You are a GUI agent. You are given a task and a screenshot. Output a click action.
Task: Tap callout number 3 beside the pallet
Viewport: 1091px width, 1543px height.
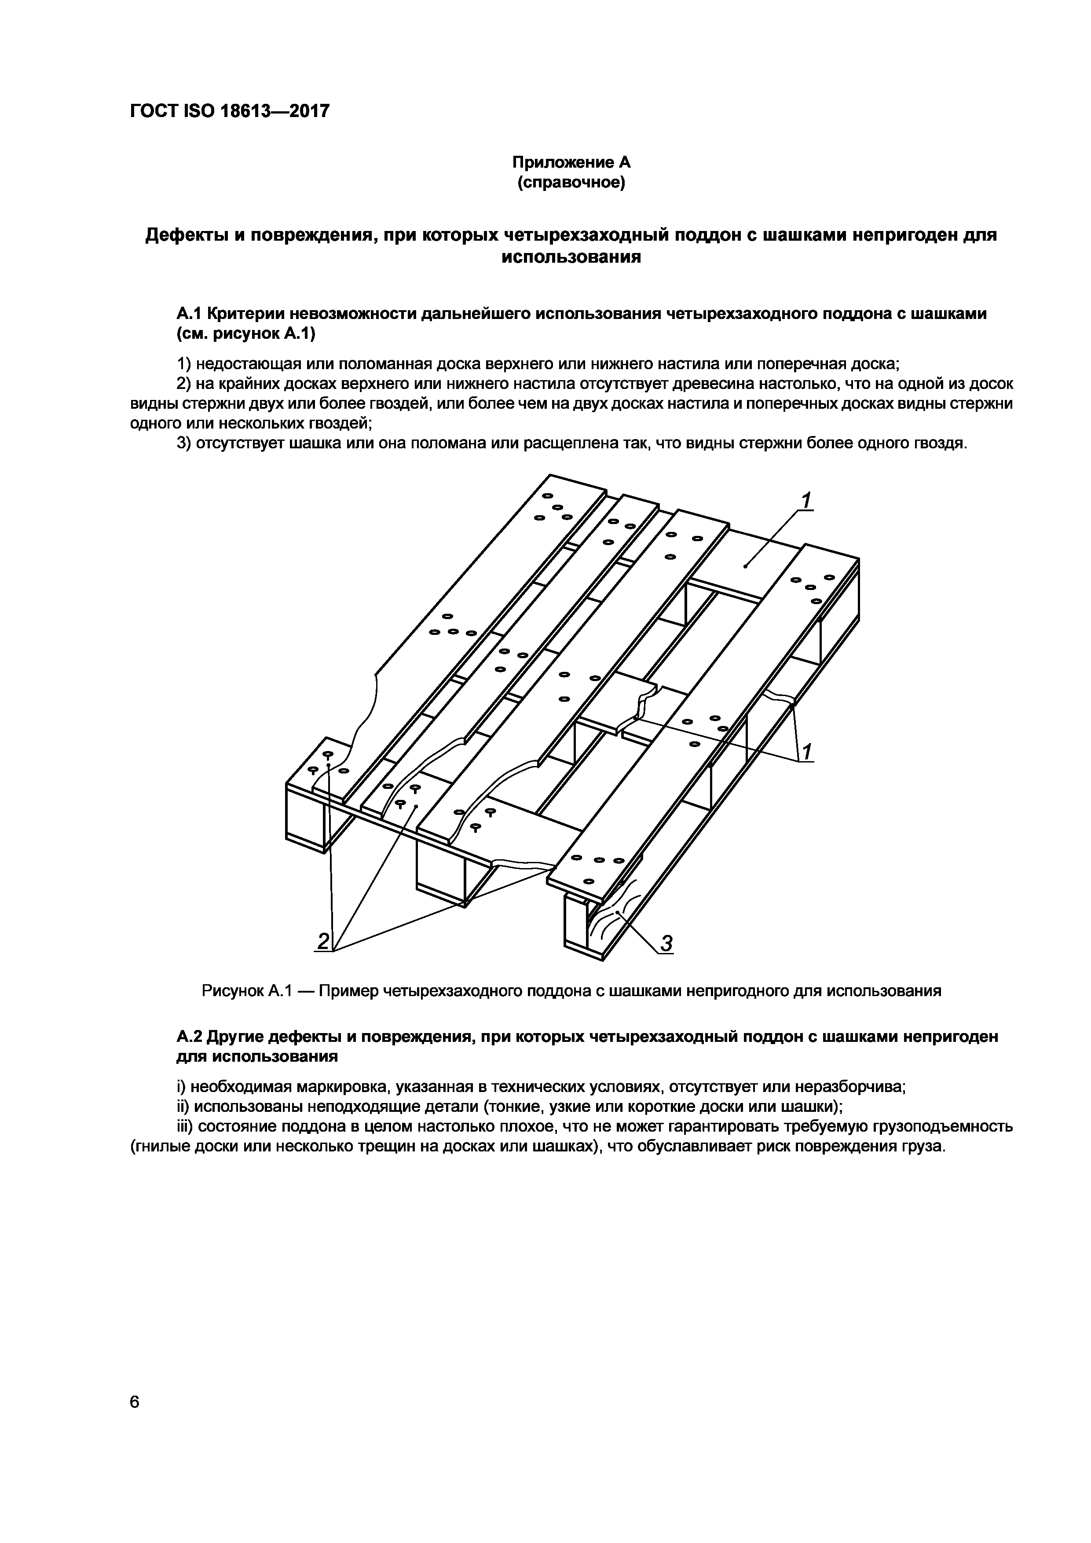666,944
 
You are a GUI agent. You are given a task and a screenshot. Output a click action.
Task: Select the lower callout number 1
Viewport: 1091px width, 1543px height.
807,751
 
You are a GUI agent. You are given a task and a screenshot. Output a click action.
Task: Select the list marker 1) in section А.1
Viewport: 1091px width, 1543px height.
185,364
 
